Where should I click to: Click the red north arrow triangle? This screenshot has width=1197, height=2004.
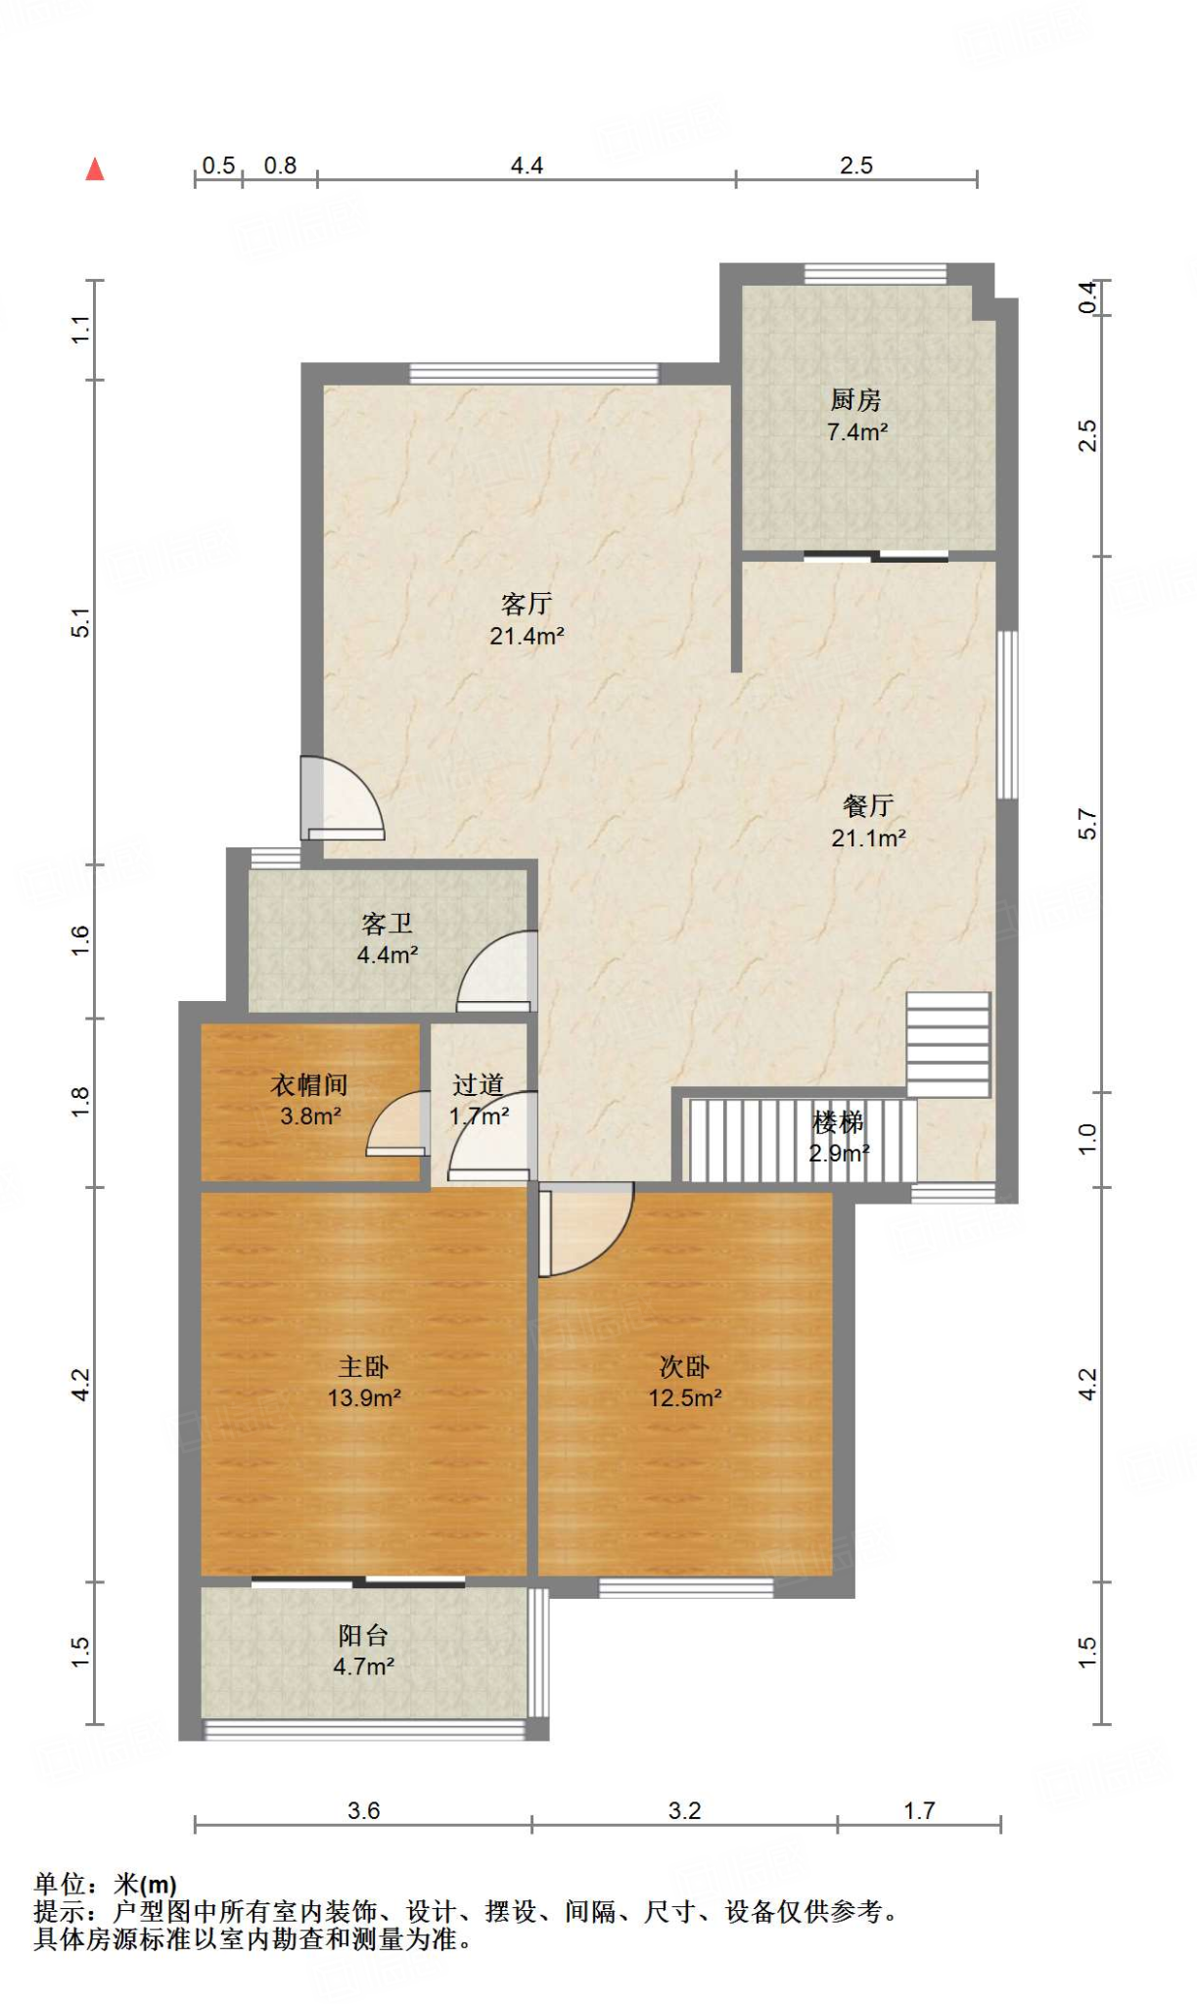[95, 169]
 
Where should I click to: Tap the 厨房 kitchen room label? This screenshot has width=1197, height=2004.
[856, 399]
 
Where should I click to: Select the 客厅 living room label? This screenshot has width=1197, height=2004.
[527, 604]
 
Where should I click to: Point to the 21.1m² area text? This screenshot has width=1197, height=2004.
[868, 838]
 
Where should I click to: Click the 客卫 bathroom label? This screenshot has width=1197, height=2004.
[388, 923]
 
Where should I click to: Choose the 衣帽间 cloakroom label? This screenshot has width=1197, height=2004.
[309, 1084]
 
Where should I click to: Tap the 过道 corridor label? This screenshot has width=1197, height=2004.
[479, 1084]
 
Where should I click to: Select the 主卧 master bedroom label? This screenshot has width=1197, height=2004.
[364, 1366]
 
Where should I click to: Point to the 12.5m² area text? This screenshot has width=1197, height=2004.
[685, 1397]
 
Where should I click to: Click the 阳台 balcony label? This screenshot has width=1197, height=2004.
[364, 1635]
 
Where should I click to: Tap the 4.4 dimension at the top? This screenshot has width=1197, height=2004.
[527, 165]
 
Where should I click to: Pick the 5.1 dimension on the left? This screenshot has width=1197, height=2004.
[80, 622]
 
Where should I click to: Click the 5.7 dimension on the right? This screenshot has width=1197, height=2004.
[1087, 824]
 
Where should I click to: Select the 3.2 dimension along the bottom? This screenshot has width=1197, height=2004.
[685, 1810]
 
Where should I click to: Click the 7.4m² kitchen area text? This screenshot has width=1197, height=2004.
[857, 431]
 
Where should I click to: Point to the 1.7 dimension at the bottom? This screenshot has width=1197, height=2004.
[919, 1810]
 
